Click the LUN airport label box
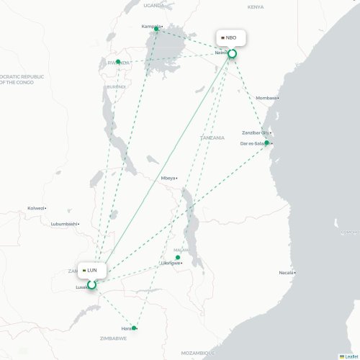point(91,270)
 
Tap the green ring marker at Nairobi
point(233,53)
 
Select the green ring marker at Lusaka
point(91,285)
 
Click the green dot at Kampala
point(156,30)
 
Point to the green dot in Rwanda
point(118,62)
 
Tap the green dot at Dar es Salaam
point(266,143)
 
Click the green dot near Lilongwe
point(178,257)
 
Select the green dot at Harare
point(134,328)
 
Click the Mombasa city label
point(266,98)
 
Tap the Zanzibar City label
point(255,133)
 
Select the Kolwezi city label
point(36,208)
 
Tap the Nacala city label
point(286,273)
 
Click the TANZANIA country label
point(212,137)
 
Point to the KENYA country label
point(256,6)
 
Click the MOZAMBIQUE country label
point(197,353)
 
